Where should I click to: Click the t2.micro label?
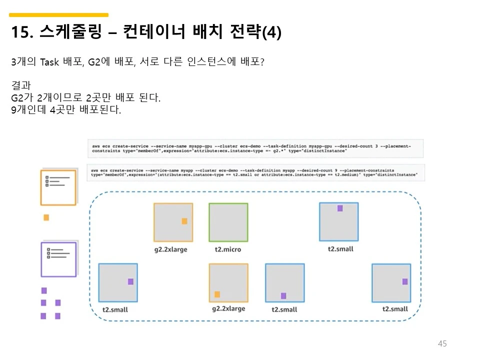click(x=228, y=249)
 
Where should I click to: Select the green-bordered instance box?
click(x=228, y=222)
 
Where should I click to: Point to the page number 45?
click(x=442, y=343)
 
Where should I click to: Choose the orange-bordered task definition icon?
click(x=58, y=187)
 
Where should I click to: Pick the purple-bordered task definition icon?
click(x=58, y=259)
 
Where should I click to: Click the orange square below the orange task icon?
click(x=46, y=217)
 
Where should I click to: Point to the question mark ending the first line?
click(x=262, y=62)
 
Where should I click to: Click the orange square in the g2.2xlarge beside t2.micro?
click(x=184, y=221)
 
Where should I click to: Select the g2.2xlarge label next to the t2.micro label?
click(x=170, y=249)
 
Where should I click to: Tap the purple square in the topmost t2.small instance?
click(x=340, y=208)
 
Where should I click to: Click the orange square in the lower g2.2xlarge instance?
click(x=217, y=294)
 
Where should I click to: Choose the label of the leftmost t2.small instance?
click(x=115, y=309)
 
